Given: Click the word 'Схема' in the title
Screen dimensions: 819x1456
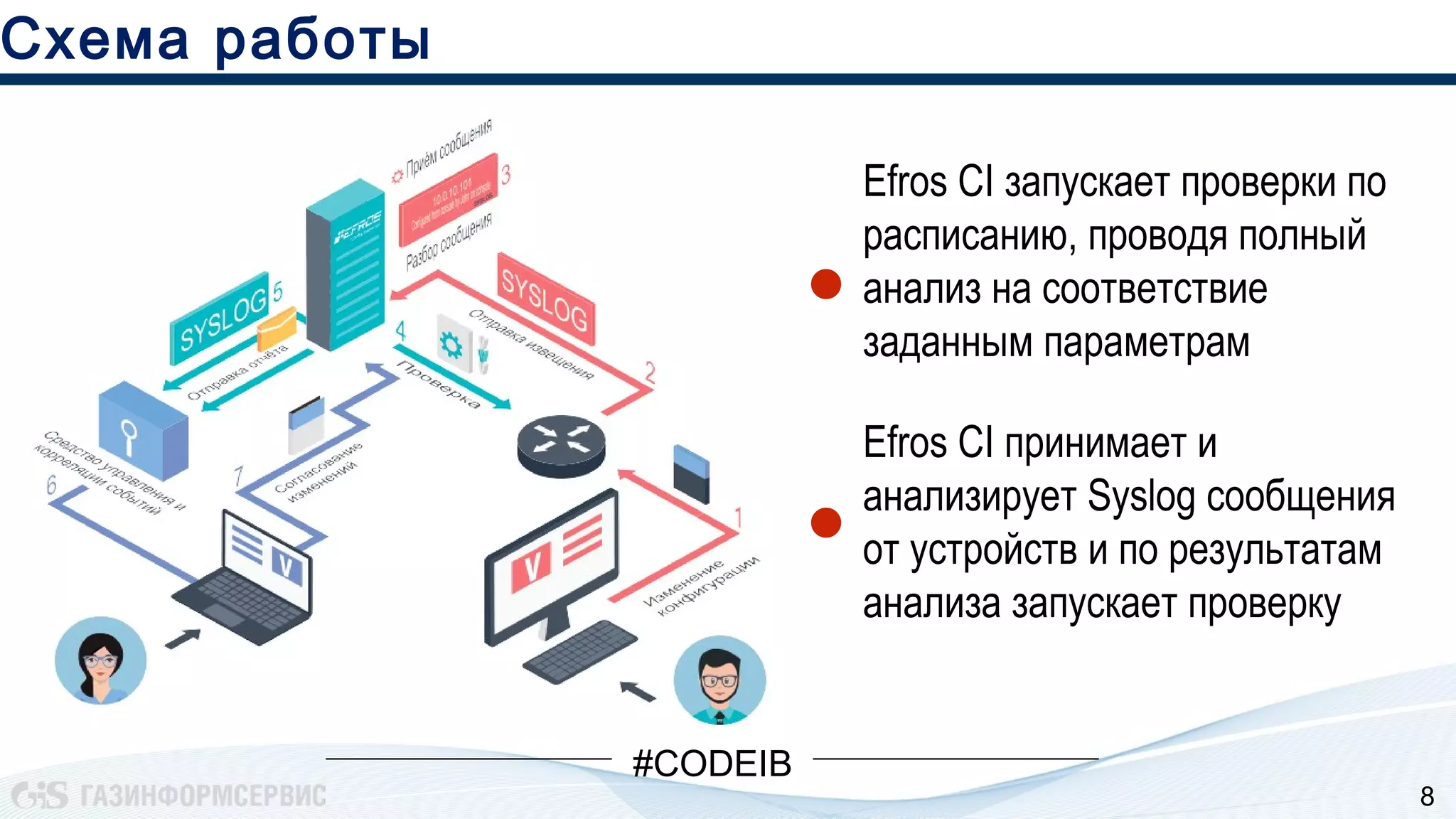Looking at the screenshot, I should [x=96, y=39].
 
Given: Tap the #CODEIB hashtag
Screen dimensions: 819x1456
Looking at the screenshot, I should [x=712, y=764].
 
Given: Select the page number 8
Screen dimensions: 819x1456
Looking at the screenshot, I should [x=1426, y=796].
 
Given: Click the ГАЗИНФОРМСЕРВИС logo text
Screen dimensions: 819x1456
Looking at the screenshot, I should [x=203, y=796].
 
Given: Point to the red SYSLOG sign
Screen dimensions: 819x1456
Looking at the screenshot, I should [x=545, y=299].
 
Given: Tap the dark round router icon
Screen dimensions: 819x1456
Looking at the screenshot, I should [x=561, y=445].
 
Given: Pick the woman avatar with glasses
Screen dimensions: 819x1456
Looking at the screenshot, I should [x=100, y=660].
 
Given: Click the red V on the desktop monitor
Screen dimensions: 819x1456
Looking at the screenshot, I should [x=531, y=567].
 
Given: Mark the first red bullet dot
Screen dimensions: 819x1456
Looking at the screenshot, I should [x=826, y=284].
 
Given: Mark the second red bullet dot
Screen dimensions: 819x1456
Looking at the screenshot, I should [x=826, y=523].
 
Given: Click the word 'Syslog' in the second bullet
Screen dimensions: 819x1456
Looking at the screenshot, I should [x=1141, y=496].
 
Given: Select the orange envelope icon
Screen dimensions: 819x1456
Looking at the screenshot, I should [x=277, y=328].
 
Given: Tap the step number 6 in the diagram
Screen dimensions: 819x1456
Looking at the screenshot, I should [x=51, y=486].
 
